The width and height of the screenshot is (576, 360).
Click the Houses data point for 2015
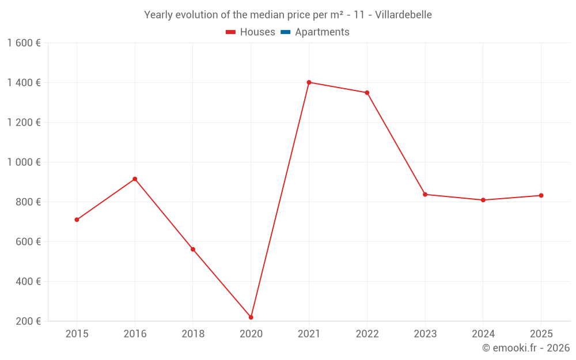(x=77, y=219)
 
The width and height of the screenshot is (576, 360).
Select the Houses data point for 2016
(x=135, y=179)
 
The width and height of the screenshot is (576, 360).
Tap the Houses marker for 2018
(x=193, y=249)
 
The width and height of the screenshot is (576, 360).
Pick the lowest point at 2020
(x=251, y=317)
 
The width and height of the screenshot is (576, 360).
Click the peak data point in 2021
(x=309, y=82)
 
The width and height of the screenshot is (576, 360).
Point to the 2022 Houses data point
(x=367, y=93)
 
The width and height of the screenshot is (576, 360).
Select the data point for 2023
(x=425, y=195)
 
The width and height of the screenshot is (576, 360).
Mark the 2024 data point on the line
(x=483, y=200)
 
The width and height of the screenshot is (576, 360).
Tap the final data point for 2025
(x=541, y=195)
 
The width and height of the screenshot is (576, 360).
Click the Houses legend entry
(x=251, y=32)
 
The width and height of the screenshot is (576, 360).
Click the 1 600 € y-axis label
(x=24, y=43)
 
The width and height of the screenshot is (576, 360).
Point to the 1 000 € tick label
(x=24, y=162)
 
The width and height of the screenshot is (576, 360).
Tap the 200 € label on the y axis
(x=27, y=321)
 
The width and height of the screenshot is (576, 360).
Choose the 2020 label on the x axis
(x=251, y=334)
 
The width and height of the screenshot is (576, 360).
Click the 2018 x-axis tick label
(x=193, y=334)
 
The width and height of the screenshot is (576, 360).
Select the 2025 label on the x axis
(x=541, y=334)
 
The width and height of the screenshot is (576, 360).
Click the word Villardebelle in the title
(x=403, y=15)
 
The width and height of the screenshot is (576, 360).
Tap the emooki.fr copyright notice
(x=526, y=348)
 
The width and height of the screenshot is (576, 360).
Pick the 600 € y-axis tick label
(x=27, y=241)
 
